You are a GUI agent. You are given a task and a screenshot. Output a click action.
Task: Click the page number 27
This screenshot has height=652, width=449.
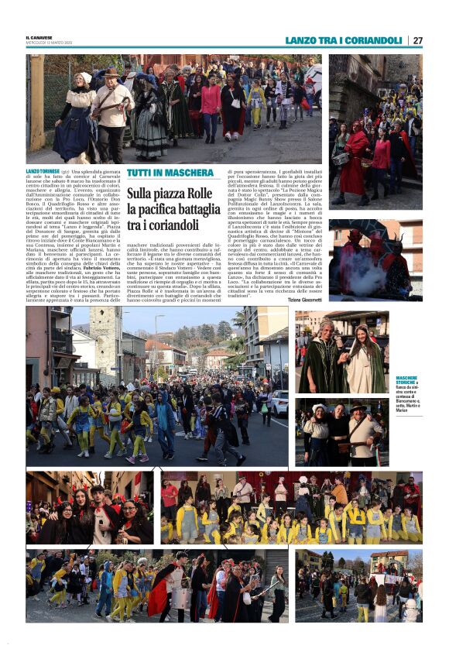pyautogui.click(x=418, y=40)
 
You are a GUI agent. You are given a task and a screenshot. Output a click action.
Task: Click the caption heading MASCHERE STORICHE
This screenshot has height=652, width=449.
pyautogui.click(x=407, y=380)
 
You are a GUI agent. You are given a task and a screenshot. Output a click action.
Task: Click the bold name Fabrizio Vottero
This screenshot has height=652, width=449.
pyautogui.click(x=91, y=269)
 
